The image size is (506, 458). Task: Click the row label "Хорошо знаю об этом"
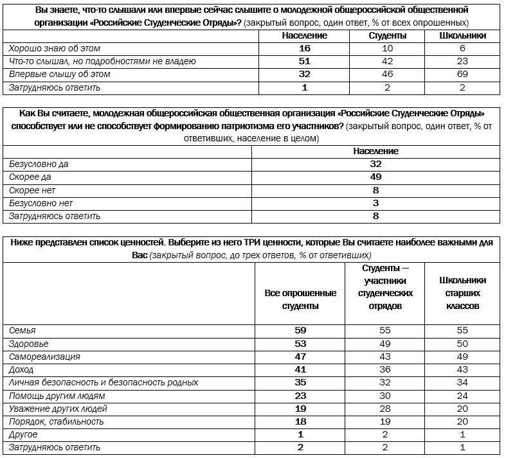55,48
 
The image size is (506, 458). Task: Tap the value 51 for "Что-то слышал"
304,62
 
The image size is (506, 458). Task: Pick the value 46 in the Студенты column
387,75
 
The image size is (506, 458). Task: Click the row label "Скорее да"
30,177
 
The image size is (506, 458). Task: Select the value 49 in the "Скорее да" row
375,177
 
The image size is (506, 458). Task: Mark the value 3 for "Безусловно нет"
375,203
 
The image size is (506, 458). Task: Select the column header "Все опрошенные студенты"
301,299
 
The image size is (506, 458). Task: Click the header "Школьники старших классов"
462,293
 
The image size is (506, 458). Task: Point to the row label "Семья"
23,330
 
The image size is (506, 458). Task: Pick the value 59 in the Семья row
300,330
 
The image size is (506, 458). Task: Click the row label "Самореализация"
44,357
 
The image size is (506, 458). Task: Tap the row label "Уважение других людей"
58,409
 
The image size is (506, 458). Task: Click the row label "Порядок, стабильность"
57,421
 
